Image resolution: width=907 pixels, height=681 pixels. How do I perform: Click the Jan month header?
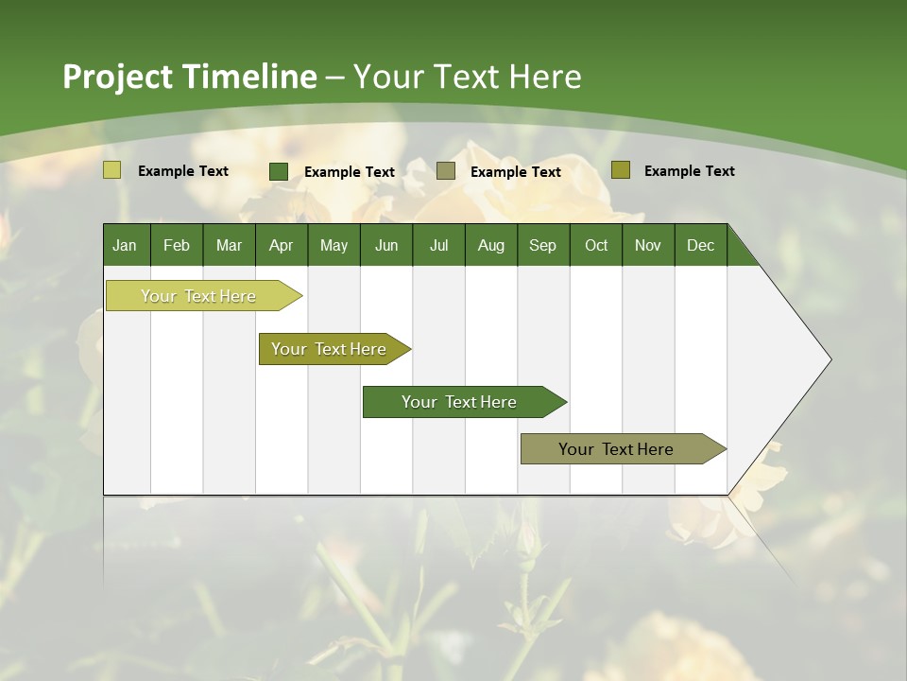point(125,245)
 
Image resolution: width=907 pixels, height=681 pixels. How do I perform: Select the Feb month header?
point(177,245)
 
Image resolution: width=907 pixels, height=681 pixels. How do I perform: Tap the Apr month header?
point(281,245)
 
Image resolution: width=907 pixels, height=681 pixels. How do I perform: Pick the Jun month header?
point(386,245)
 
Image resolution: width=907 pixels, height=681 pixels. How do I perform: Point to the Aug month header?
point(490,245)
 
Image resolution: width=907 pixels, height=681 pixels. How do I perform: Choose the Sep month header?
point(542,245)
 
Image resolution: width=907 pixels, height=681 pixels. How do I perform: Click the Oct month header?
point(596,245)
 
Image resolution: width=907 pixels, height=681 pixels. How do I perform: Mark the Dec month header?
point(700,245)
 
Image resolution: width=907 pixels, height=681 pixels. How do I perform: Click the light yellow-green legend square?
point(112,170)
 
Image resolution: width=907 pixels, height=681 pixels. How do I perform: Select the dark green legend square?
point(279,171)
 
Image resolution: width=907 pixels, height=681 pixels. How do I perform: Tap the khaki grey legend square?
point(446,171)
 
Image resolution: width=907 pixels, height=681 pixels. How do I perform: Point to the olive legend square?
point(620,170)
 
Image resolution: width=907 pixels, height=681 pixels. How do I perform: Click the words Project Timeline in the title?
point(189,77)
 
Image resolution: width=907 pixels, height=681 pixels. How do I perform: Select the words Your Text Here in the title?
point(468,77)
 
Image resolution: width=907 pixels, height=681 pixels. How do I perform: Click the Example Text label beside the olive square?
point(689,171)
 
